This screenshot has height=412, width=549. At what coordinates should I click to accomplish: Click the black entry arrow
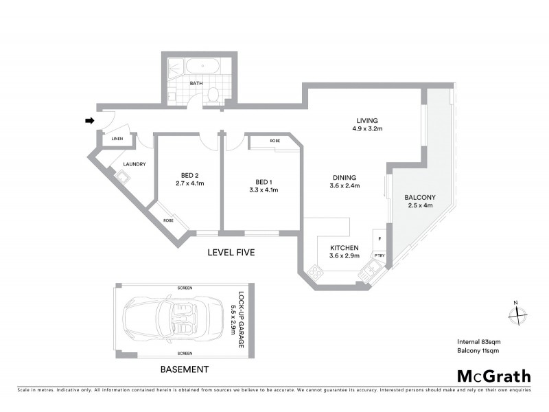point(89,121)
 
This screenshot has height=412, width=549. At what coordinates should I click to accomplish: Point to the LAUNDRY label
point(133,164)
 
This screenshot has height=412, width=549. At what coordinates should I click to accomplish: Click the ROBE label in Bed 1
point(274,141)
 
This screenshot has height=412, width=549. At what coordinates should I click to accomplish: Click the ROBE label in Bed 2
point(168,220)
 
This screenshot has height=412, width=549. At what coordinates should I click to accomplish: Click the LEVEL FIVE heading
point(231,253)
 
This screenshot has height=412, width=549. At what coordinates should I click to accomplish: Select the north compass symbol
point(515,314)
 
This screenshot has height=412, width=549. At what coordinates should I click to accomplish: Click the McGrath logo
point(494,376)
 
